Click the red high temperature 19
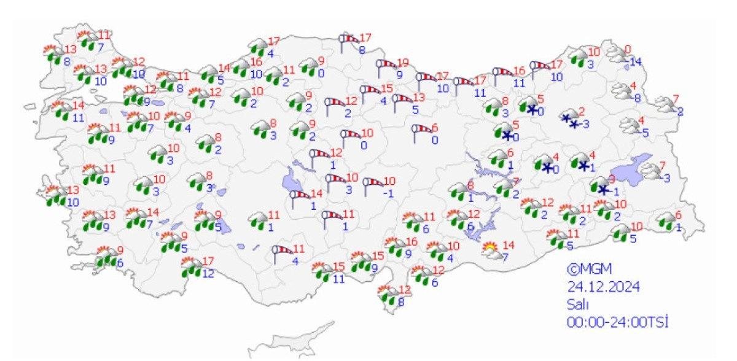pos(403,63)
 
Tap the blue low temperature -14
pos(635,61)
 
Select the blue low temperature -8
pos(638,98)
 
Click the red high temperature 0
pos(628,49)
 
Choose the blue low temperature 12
pos(208,273)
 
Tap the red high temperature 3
pos(612,179)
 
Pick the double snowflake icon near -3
pos(569,120)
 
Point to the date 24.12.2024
pos(604,286)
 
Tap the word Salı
pos(578,304)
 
